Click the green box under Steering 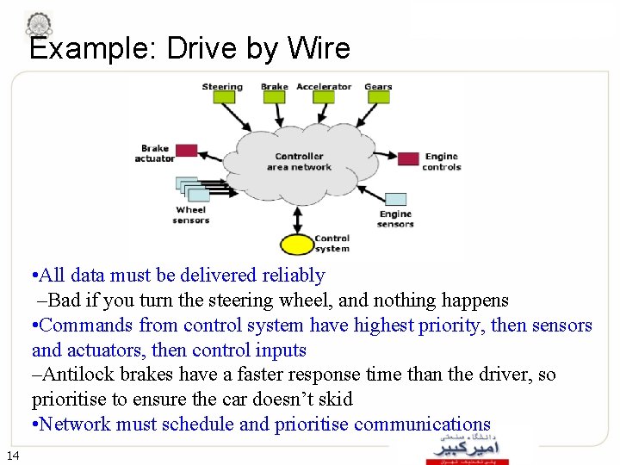[223, 97]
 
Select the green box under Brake [274, 97]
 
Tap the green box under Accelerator [323, 97]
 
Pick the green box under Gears [378, 97]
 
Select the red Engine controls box [408, 158]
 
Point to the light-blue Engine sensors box [394, 199]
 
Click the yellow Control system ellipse [297, 245]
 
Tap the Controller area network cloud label [299, 162]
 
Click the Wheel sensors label [190, 215]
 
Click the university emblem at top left [39, 23]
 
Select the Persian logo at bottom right [467, 448]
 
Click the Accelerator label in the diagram [324, 86]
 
